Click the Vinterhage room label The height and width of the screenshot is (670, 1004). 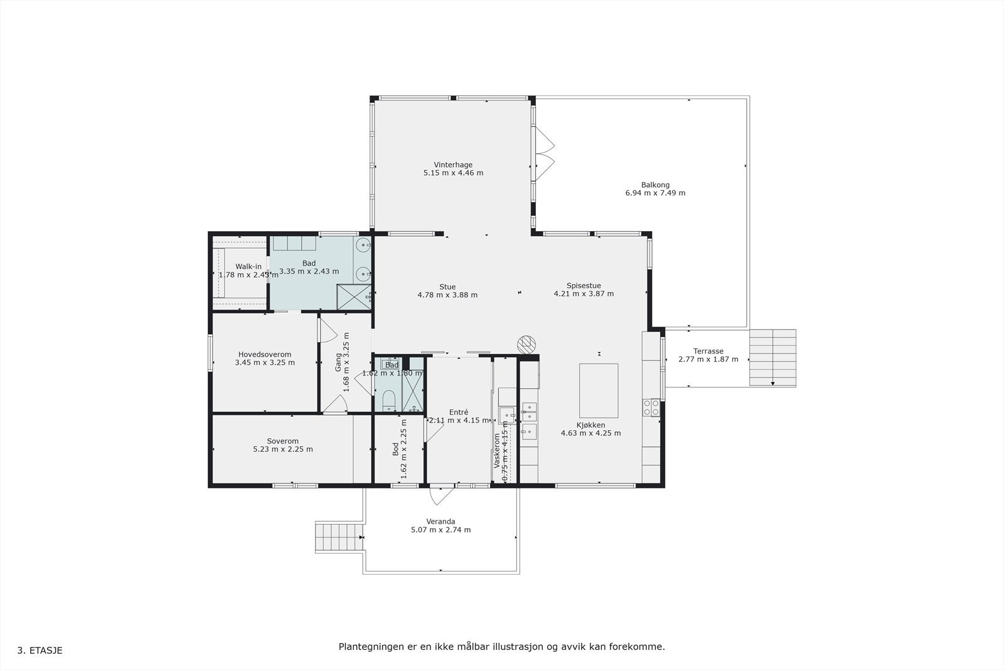pos(453,165)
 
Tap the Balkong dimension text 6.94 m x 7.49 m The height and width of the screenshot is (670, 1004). pos(655,193)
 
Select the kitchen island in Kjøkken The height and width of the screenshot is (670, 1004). pos(598,391)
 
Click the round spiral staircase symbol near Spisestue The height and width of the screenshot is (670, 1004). pos(526,343)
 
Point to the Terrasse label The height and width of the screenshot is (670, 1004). pos(708,352)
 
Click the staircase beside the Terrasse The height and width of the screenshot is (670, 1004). pos(772,357)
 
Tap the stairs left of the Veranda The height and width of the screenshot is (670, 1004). pos(339,537)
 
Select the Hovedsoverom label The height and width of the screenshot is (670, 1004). pos(264,355)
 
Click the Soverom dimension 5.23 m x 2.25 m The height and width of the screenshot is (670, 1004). pos(282,450)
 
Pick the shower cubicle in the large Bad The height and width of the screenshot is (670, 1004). pos(354,297)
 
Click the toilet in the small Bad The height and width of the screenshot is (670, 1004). pos(388,401)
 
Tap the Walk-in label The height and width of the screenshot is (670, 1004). pos(248,267)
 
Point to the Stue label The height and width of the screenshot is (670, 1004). pos(447,287)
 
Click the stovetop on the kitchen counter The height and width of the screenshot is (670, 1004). pos(651,408)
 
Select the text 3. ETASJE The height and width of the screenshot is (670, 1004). pos(40,651)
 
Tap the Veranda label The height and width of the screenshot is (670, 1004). pos(441,522)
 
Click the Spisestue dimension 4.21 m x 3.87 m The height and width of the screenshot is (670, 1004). pos(584,294)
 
